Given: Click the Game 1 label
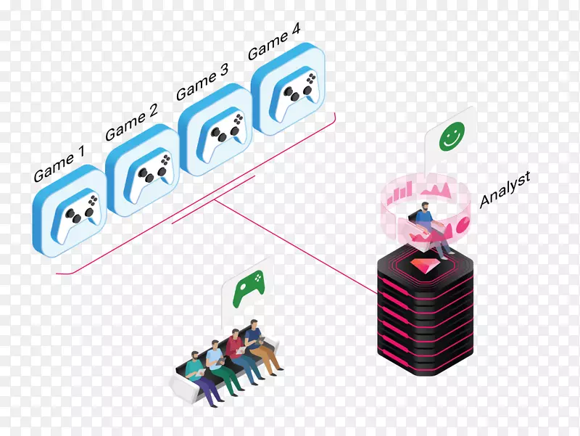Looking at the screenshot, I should pos(59,164).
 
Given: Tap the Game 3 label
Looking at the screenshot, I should pos(202,83).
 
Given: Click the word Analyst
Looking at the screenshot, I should pos(505,189).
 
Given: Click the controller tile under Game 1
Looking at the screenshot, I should pos(70,211).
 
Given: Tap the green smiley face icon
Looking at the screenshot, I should pos(451,136).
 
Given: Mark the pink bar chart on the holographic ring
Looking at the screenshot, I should pos(399,192).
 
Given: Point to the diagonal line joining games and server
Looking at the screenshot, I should pos(297,247).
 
